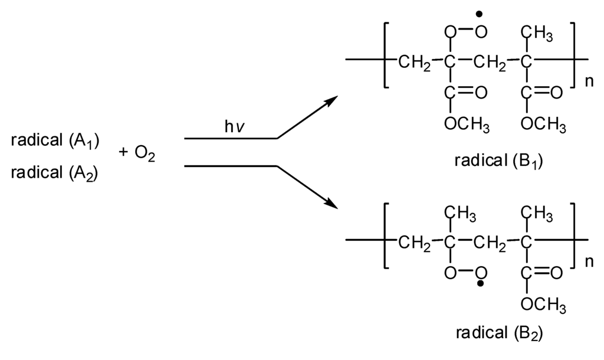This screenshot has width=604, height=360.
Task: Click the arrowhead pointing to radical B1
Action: click(x=330, y=101)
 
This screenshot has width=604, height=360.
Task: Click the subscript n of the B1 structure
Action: click(x=588, y=81)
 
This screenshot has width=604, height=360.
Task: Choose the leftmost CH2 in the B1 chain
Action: click(x=413, y=61)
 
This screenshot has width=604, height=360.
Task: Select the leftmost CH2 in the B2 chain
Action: click(x=413, y=242)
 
